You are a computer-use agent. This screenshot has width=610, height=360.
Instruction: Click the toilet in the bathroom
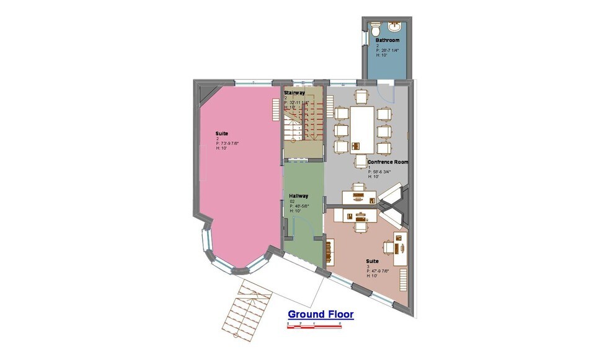(x=376, y=29)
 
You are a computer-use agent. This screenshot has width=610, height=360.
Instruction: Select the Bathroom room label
(x=387, y=40)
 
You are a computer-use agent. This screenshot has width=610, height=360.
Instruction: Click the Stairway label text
(x=294, y=92)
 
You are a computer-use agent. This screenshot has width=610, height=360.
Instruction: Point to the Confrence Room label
(x=387, y=162)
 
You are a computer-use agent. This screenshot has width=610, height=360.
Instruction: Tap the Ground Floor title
(x=320, y=314)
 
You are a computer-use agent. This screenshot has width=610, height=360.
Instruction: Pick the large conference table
(x=362, y=129)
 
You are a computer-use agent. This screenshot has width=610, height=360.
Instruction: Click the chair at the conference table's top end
(x=361, y=97)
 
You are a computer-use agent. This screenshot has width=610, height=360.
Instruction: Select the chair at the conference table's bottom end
(x=361, y=160)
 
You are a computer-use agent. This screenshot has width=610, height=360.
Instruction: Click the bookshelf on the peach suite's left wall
(x=329, y=250)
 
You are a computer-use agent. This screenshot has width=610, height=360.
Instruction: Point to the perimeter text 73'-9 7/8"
(x=227, y=144)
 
